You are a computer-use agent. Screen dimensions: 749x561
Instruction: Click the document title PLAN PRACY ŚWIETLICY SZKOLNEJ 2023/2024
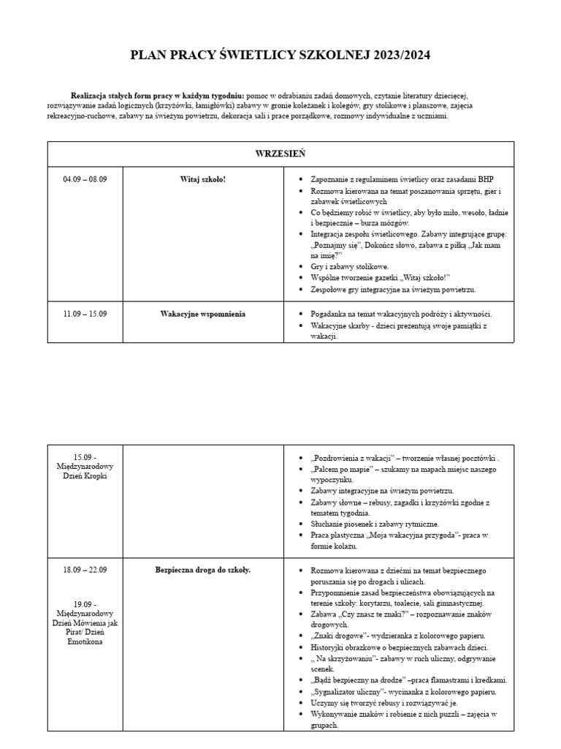click(280, 55)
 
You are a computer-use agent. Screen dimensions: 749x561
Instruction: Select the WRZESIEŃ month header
click(280, 154)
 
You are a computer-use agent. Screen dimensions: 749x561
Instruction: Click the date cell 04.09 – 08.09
click(85, 179)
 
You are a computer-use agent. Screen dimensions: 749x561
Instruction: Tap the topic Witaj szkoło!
click(203, 179)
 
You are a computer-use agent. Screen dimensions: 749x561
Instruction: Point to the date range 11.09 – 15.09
click(85, 314)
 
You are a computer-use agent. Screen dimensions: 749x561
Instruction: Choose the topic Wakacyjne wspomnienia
click(203, 314)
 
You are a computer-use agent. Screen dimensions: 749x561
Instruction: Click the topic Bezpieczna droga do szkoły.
click(203, 570)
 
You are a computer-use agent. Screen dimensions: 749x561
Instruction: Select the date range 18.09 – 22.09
click(85, 570)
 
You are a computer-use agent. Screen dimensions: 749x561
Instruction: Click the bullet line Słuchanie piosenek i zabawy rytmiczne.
click(375, 524)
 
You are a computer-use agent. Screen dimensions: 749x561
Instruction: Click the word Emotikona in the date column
click(85, 641)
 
